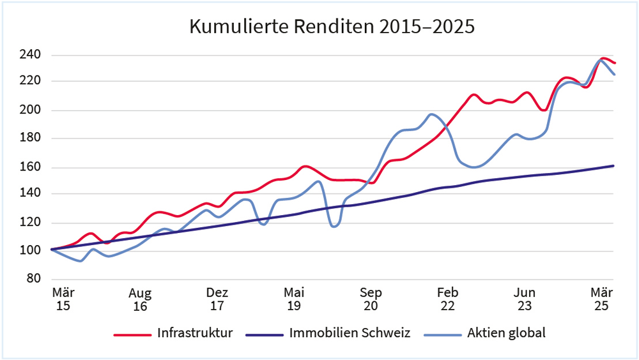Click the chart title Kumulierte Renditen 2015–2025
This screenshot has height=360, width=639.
pyautogui.click(x=332, y=27)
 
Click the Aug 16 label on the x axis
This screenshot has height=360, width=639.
pyautogui.click(x=140, y=299)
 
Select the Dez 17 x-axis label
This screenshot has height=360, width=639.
pyautogui.click(x=217, y=299)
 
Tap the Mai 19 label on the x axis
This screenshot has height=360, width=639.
pyautogui.click(x=294, y=299)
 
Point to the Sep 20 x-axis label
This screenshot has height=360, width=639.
pyautogui.click(x=371, y=299)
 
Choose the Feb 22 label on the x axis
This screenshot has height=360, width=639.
pyautogui.click(x=447, y=299)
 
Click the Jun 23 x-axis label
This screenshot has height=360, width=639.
pyautogui.click(x=525, y=299)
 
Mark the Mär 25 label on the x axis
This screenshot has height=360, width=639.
pyautogui.click(x=601, y=299)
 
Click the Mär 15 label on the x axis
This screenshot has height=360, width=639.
pyautogui.click(x=63, y=299)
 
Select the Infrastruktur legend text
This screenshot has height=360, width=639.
pyautogui.click(x=195, y=333)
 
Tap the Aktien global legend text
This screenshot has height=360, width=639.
pyautogui.click(x=506, y=333)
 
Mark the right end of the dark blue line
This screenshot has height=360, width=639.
pyautogui.click(x=613, y=166)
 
